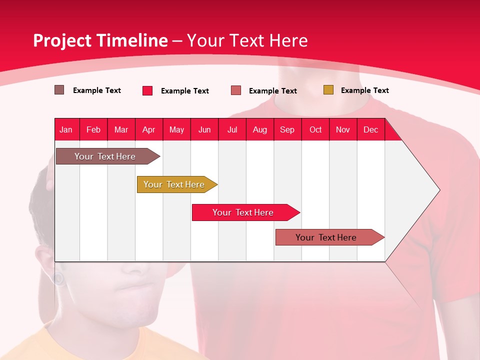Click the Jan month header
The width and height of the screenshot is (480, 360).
tap(66, 129)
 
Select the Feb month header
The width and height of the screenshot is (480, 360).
tap(93, 129)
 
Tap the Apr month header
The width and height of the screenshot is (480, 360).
tap(149, 129)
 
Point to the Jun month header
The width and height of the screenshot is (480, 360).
tap(204, 129)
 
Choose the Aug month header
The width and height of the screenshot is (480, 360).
tap(259, 129)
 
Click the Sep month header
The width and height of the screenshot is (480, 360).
tap(287, 129)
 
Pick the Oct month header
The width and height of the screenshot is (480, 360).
tap(315, 129)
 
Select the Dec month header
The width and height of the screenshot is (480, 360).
tap(370, 129)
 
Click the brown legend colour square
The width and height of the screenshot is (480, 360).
tap(59, 90)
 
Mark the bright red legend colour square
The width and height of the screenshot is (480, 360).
tap(147, 90)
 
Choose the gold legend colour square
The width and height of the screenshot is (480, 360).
tap(328, 90)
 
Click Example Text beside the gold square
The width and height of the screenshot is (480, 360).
tap(364, 90)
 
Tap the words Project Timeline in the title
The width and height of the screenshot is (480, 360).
tap(100, 40)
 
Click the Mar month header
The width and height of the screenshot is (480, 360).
tap(121, 129)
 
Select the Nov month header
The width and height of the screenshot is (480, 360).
tap(343, 129)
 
